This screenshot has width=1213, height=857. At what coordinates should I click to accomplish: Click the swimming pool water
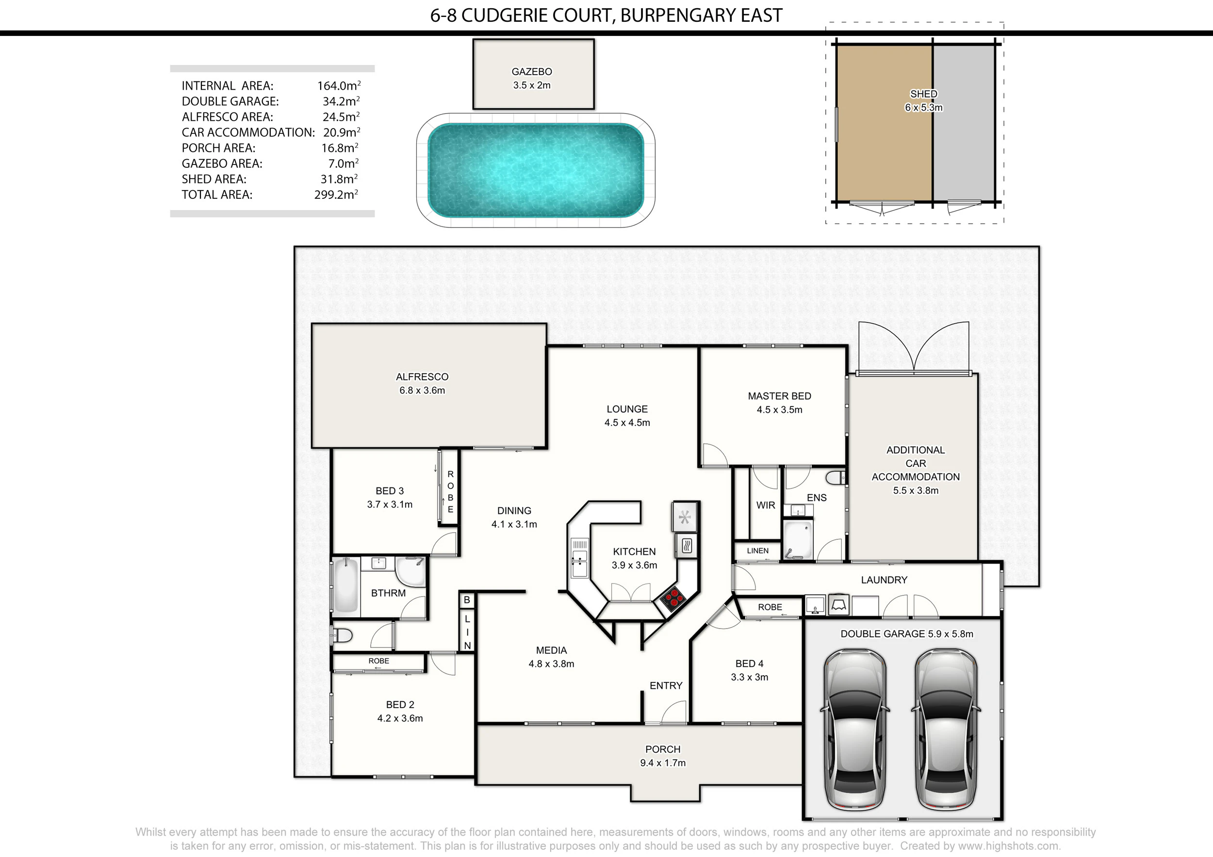coord(536,170)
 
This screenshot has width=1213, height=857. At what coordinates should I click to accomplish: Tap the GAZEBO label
coord(531,72)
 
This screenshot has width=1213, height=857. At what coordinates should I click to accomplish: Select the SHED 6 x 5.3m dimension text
coord(923,108)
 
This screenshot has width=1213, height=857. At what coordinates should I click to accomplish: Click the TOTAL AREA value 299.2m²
coord(336,194)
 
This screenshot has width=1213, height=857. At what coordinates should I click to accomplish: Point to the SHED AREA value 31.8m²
coord(339,179)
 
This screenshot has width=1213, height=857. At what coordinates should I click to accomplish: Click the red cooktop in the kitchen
coord(672,599)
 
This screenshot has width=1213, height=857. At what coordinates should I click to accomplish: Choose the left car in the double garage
coord(855,729)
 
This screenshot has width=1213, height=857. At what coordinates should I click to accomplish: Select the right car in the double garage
coord(946,729)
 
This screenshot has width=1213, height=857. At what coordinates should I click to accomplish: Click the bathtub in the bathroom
coord(346,585)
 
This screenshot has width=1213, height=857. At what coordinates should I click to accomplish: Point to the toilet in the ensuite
coord(836,478)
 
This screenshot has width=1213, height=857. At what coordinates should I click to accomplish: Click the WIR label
coord(766,505)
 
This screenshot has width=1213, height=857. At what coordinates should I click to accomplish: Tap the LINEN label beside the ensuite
coord(757,551)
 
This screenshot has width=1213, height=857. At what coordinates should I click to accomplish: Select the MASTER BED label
coord(779,396)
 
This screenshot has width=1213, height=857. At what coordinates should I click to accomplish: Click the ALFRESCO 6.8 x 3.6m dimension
coord(422,391)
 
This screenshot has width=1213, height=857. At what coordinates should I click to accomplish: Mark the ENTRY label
coord(666,685)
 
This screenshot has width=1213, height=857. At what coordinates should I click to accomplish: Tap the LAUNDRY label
coord(884,580)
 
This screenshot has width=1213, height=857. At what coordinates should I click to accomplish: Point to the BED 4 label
coord(749,664)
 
